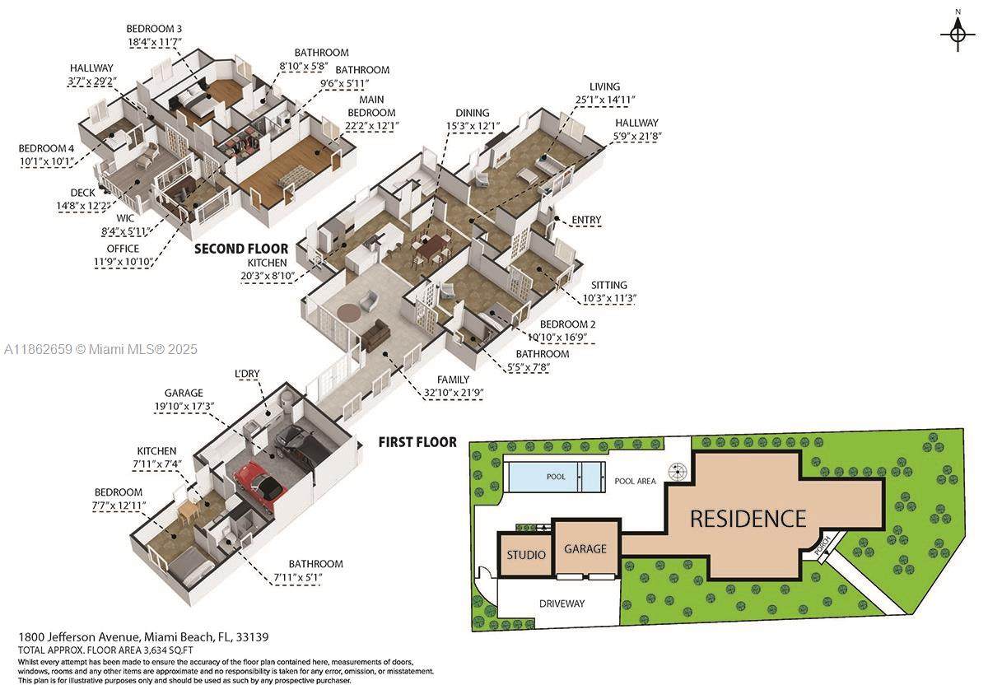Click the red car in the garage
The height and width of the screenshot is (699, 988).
click(260, 484)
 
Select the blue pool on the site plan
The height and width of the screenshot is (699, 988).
click(557, 477)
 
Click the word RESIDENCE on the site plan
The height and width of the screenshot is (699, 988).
click(748, 519)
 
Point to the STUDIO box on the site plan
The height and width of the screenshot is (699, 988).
click(526, 554)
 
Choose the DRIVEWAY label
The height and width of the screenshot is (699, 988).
click(562, 603)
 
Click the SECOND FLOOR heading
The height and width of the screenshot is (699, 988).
click(241, 249)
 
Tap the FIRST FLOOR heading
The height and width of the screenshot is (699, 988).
click(417, 442)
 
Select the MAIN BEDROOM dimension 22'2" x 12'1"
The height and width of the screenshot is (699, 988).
click(372, 126)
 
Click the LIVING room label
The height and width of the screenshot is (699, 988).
click(604, 87)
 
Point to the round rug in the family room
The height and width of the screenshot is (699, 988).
click(349, 313)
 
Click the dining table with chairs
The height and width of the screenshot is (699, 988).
click(431, 249)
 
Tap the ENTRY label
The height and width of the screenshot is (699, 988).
click(586, 220)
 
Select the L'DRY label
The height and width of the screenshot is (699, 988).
click(247, 374)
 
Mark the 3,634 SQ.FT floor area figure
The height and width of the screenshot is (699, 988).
click(168, 650)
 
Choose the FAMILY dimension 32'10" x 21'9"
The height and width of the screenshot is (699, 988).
click(453, 393)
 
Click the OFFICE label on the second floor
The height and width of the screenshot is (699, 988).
click(123, 249)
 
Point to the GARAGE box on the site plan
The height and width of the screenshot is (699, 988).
click(585, 548)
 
